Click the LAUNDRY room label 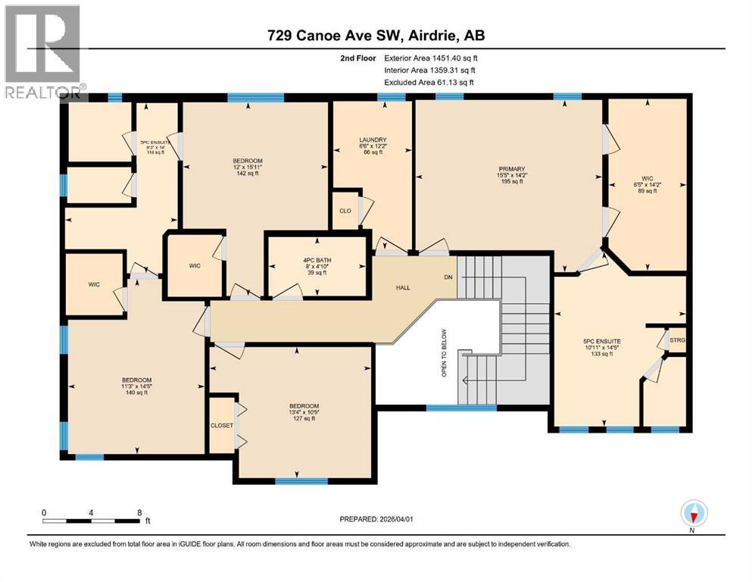373,140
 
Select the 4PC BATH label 317,261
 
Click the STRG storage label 678,341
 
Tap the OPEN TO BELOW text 445,353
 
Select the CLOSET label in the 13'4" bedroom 222,426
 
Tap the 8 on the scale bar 138,512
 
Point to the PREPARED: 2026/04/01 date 376,519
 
